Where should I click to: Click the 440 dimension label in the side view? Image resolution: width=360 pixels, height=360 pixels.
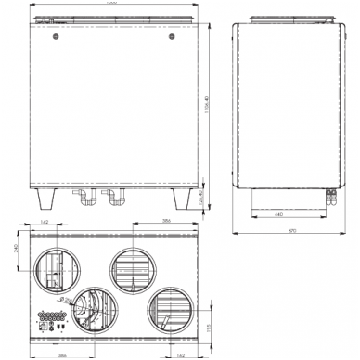pos(279,214)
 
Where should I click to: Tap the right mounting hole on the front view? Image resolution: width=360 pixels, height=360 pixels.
pos(171,40)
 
